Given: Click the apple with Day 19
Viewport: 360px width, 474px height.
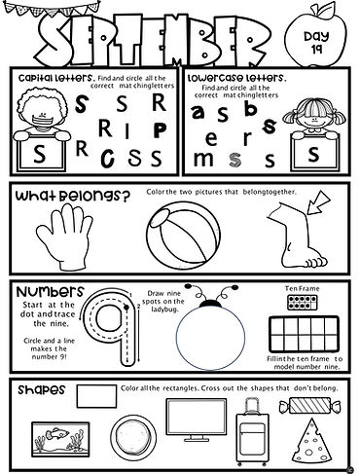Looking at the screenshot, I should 321,40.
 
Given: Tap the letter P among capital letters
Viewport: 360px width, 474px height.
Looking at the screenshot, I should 138,131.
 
